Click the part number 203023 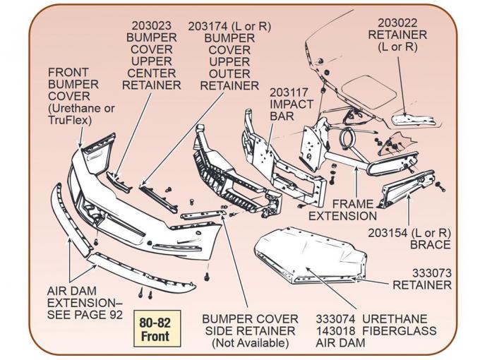click(x=151, y=26)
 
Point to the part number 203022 click(x=402, y=23)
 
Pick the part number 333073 click(x=432, y=272)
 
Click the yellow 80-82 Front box click(x=155, y=329)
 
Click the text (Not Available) click(x=251, y=342)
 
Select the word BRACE click(x=430, y=245)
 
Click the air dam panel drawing click(x=311, y=255)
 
